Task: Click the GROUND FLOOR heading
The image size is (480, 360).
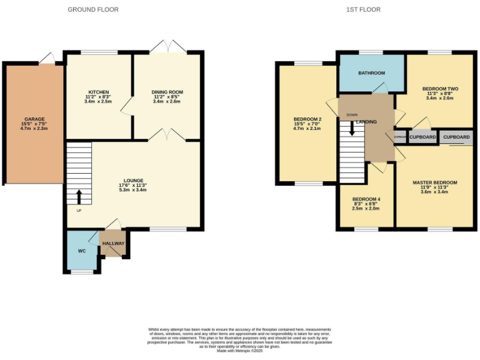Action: [93, 9]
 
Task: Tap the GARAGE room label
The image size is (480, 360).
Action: [34, 119]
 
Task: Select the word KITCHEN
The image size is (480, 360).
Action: [98, 92]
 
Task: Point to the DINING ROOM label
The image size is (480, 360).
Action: [167, 92]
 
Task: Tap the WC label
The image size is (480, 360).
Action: [82, 251]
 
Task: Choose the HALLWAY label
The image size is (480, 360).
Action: [114, 243]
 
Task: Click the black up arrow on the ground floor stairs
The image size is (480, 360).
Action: [79, 196]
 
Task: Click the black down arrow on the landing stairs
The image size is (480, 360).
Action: [352, 127]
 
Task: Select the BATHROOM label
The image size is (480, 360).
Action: [371, 73]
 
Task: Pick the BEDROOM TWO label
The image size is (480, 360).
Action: [440, 89]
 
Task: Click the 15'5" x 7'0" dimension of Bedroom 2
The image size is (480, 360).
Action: [307, 124]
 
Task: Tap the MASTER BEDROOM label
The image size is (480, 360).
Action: [435, 182]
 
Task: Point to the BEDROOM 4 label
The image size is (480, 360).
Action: [366, 199]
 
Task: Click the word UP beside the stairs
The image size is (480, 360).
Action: [79, 210]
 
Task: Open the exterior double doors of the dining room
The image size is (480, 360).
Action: [167, 47]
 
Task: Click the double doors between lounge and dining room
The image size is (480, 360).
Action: [167, 136]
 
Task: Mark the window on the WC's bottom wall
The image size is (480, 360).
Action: [81, 272]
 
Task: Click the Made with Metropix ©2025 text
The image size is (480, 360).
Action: [240, 351]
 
